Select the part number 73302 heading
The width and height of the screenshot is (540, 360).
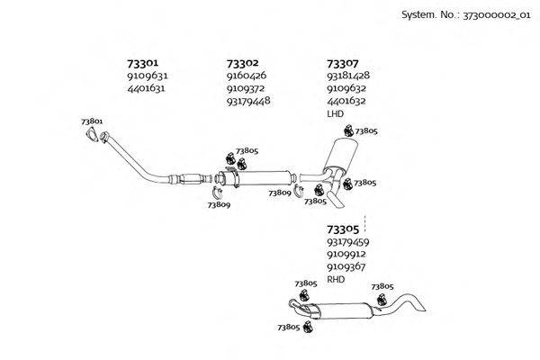[243, 64]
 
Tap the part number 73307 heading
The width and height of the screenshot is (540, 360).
[342, 64]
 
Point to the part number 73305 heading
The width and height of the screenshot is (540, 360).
[342, 229]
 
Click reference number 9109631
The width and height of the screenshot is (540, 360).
[148, 76]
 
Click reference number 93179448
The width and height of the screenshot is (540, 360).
[249, 101]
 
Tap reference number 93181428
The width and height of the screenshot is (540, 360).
[349, 76]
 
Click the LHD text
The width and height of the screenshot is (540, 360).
[335, 114]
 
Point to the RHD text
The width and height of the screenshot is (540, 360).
[336, 280]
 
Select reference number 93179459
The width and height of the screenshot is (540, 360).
[349, 242]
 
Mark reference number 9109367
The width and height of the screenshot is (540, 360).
[347, 266]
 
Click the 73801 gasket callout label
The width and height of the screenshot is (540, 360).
[92, 121]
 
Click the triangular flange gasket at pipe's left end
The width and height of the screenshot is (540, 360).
[90, 136]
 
